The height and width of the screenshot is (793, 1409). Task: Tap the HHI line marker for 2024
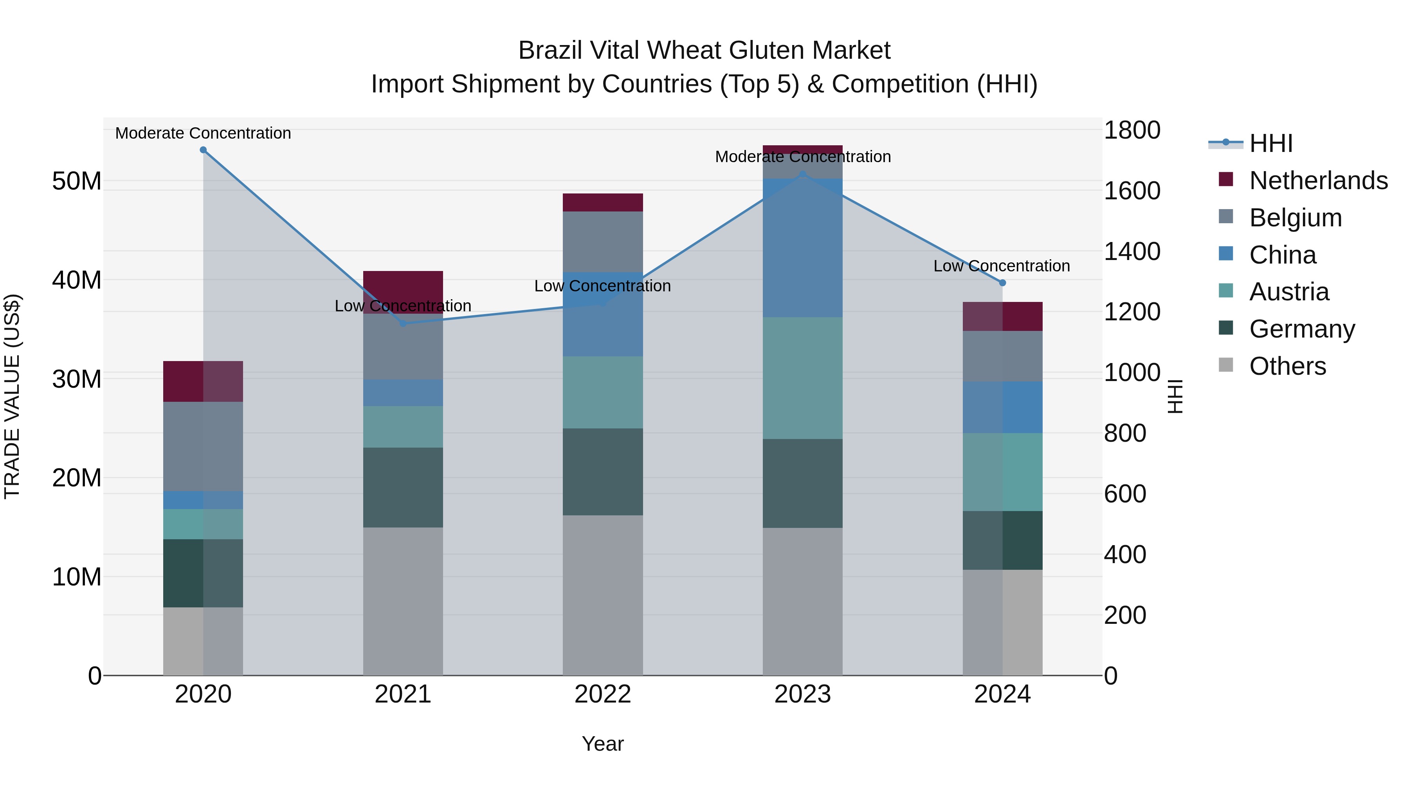click(x=1003, y=283)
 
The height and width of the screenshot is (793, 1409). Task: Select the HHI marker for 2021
click(x=403, y=323)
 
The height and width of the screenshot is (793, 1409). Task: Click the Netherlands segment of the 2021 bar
click(x=403, y=285)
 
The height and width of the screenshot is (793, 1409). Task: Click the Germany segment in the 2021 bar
click(x=403, y=488)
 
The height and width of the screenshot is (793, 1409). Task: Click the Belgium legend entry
click(x=1295, y=218)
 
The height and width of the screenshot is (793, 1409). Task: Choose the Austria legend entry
click(x=1289, y=292)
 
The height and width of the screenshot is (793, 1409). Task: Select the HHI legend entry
click(x=1270, y=143)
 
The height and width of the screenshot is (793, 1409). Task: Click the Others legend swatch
click(x=1226, y=365)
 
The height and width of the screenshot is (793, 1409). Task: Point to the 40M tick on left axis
click(x=77, y=280)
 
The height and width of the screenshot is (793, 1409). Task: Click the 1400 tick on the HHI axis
click(x=1131, y=252)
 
